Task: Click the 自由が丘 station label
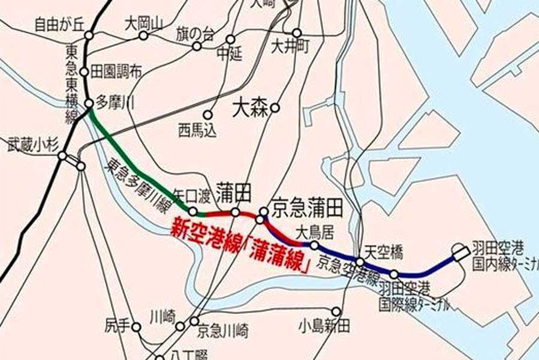click(x=59, y=25)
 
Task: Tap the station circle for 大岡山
click(x=143, y=35)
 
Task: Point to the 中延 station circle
click(x=230, y=40)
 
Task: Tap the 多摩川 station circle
click(x=89, y=104)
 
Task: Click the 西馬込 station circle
click(x=208, y=114)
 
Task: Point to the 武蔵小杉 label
click(x=31, y=144)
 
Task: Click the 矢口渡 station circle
click(x=192, y=211)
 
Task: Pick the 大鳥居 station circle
click(x=314, y=244)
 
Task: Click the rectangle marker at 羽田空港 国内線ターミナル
click(x=460, y=254)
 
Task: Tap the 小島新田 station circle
click(x=336, y=311)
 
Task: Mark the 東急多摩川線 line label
click(x=134, y=180)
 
